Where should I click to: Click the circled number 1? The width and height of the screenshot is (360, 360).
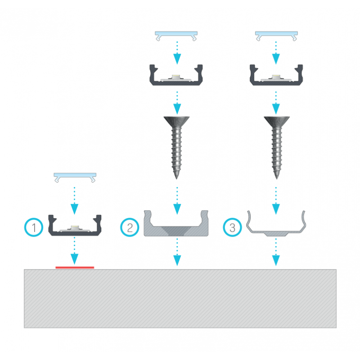(x=34, y=227)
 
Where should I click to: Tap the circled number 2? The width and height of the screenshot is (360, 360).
(x=130, y=227)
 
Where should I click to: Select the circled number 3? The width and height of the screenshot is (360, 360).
(x=232, y=227)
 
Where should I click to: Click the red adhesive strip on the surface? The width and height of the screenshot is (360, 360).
(x=75, y=267)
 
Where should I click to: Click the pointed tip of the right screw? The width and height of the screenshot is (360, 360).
(x=277, y=178)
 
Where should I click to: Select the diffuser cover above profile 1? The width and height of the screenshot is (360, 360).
(x=75, y=177)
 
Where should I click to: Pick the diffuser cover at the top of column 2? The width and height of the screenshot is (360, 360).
(x=176, y=36)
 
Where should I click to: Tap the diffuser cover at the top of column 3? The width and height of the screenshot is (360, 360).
(x=276, y=36)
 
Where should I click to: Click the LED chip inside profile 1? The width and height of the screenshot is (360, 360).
(x=75, y=228)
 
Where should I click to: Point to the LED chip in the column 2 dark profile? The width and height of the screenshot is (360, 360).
(x=176, y=76)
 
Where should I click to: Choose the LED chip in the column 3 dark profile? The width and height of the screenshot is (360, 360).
(x=276, y=76)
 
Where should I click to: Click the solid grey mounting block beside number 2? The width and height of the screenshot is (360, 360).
(x=176, y=223)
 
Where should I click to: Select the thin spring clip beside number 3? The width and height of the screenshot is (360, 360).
(x=276, y=223)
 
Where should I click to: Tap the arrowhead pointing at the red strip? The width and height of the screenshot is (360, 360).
(x=74, y=259)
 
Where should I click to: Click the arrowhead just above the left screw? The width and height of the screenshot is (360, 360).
(x=177, y=109)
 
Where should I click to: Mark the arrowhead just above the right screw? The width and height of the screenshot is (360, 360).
(x=276, y=109)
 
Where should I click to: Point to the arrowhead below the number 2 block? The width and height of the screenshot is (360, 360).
(x=177, y=261)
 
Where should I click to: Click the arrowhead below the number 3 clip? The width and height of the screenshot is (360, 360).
(x=276, y=261)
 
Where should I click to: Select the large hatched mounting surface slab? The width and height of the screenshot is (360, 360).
(x=180, y=298)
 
